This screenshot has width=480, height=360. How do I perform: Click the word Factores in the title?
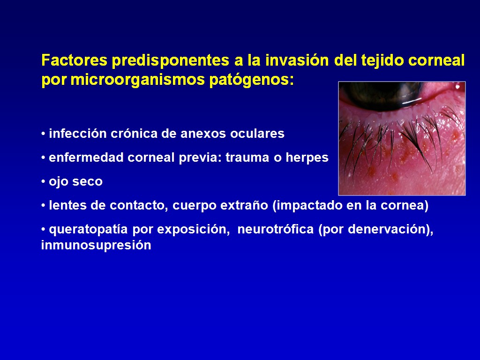[x=75, y=60]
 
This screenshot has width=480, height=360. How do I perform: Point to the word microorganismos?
[x=138, y=80]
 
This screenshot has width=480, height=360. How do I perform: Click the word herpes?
[x=307, y=158]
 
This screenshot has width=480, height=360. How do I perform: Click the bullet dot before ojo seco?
[x=43, y=181]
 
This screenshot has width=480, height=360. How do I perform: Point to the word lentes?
[x=67, y=205]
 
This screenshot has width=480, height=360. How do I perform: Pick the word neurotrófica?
[x=276, y=229]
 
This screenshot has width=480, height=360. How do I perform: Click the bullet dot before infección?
[x=43, y=134]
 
